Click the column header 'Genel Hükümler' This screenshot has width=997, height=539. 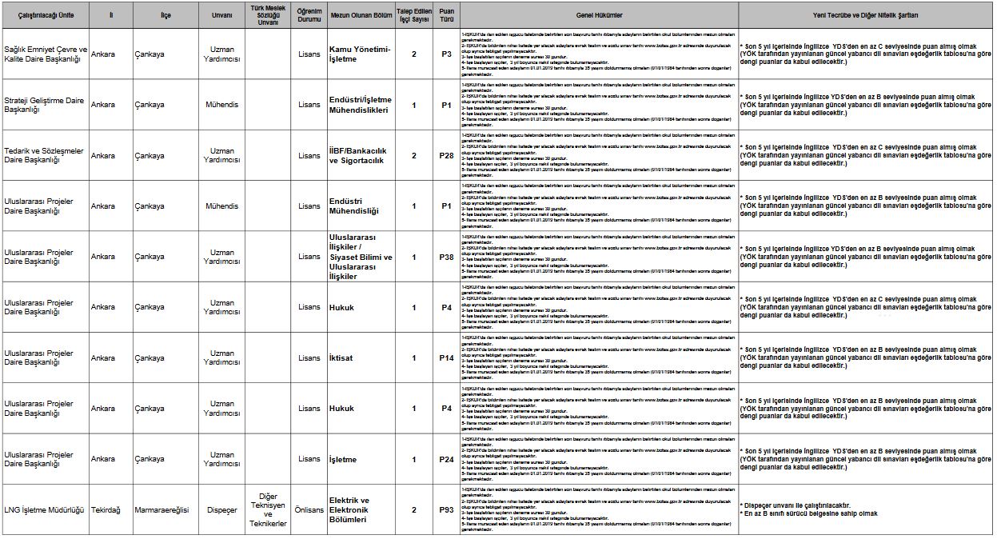599,15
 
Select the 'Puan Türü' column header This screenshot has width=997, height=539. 446,15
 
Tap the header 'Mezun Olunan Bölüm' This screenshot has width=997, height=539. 360,15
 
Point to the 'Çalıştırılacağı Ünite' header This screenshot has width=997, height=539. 45,15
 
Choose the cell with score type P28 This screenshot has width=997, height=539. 446,155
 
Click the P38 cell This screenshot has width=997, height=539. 446,257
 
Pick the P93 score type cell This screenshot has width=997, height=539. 446,509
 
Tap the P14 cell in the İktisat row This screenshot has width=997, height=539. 446,357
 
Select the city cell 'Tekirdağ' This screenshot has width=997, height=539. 106,509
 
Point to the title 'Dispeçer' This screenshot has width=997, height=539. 221,509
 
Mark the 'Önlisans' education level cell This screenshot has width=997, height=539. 309,509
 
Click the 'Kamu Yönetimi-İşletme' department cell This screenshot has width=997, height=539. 360,54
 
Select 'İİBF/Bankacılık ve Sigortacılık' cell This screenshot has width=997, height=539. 357,155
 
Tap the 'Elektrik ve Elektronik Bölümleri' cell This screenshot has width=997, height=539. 349,509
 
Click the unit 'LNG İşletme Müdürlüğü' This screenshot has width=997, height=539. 44,509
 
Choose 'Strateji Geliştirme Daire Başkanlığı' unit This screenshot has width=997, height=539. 44,105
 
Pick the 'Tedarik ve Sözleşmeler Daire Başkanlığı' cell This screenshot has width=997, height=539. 44,155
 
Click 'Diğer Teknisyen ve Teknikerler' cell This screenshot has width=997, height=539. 268,509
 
